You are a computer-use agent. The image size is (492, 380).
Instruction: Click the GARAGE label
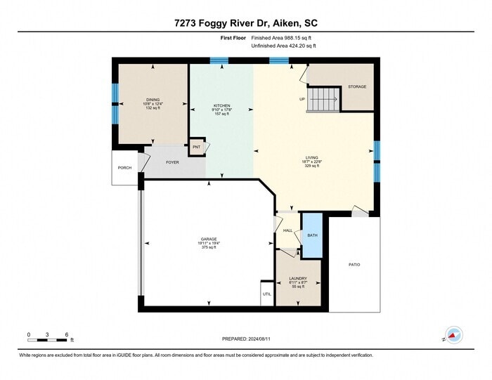209,240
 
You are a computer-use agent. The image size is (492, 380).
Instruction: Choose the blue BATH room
312,235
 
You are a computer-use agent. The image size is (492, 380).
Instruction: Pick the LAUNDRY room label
298,278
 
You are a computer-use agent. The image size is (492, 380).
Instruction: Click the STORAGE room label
357,86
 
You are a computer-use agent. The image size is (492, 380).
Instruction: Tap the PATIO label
354,264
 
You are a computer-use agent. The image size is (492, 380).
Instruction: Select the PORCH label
124,167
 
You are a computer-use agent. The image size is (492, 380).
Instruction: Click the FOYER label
172,162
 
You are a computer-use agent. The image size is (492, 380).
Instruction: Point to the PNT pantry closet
196,148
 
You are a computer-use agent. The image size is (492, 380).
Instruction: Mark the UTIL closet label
266,294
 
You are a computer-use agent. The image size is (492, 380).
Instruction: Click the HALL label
287,230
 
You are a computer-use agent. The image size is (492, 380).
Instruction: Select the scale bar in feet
47,340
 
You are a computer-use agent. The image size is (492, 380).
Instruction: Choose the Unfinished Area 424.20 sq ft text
284,46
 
